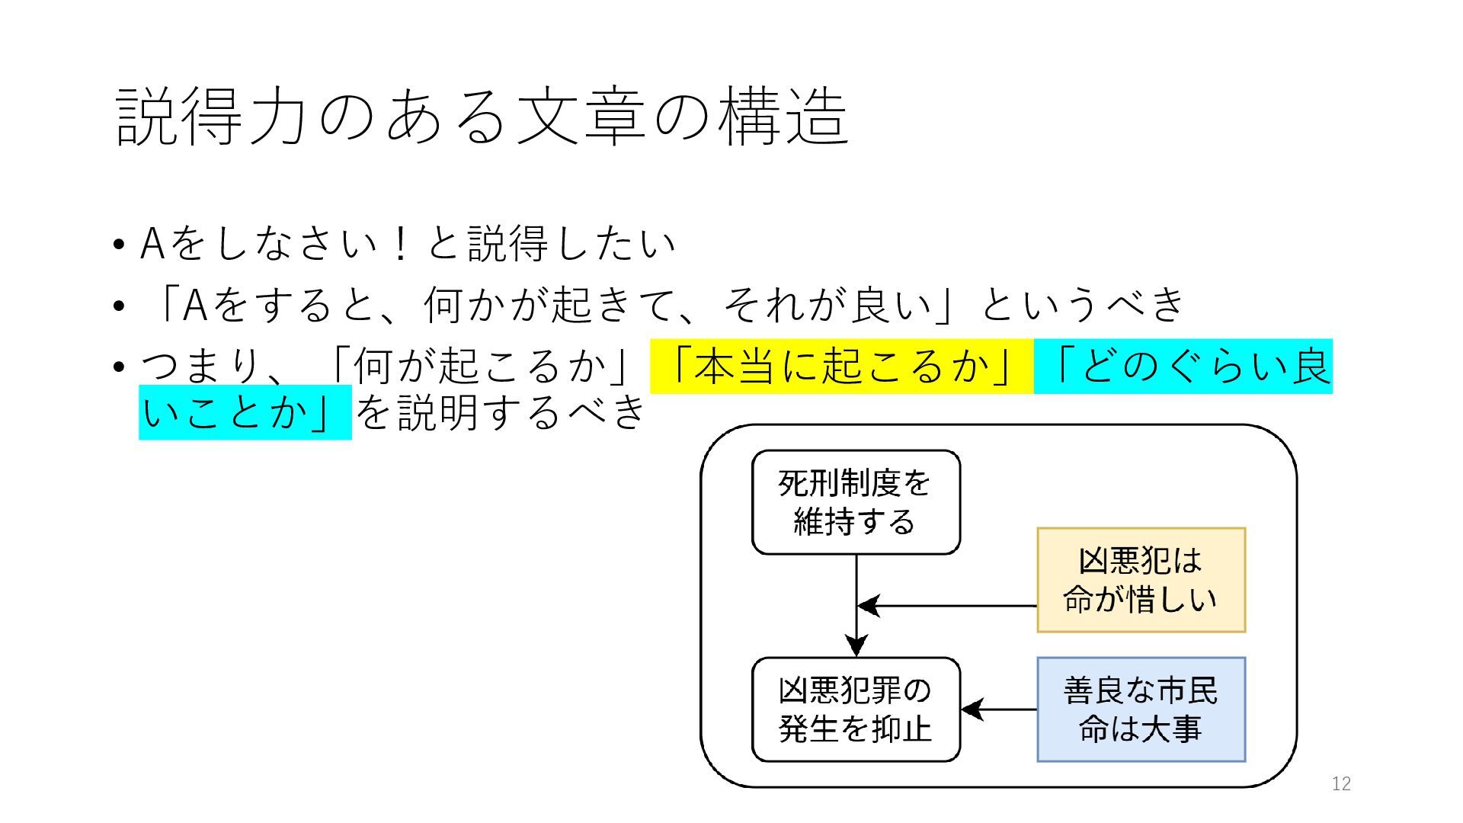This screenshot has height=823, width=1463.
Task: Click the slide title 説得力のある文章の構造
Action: coord(482,117)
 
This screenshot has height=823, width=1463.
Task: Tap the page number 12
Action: coord(1341,783)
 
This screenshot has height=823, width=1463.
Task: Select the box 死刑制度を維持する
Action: coord(856,502)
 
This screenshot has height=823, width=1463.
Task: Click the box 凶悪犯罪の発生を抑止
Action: coord(856,709)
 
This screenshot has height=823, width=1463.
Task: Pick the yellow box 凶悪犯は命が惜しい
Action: coord(1141,580)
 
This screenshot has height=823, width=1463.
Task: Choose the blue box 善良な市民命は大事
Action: coord(1141,709)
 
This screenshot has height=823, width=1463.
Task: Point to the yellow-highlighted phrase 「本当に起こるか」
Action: coord(842,367)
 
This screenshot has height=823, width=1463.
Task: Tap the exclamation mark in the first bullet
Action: coord(400,244)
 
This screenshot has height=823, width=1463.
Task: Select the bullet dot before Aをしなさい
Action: coord(117,245)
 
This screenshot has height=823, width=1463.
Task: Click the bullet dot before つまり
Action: coord(117,368)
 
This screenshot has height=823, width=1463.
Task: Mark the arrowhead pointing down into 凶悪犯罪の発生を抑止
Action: coord(856,645)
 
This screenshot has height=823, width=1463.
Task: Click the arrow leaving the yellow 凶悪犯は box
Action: coord(946,606)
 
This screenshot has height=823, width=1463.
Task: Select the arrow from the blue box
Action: coord(999,709)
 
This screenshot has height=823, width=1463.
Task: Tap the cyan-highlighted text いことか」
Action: coord(245,413)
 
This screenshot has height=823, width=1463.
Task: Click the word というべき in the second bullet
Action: coord(1083,304)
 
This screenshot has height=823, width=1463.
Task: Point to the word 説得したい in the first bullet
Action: coord(571,244)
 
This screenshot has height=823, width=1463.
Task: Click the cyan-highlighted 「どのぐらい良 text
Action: coord(1183,367)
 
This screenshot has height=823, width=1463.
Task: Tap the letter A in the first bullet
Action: coord(152,244)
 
